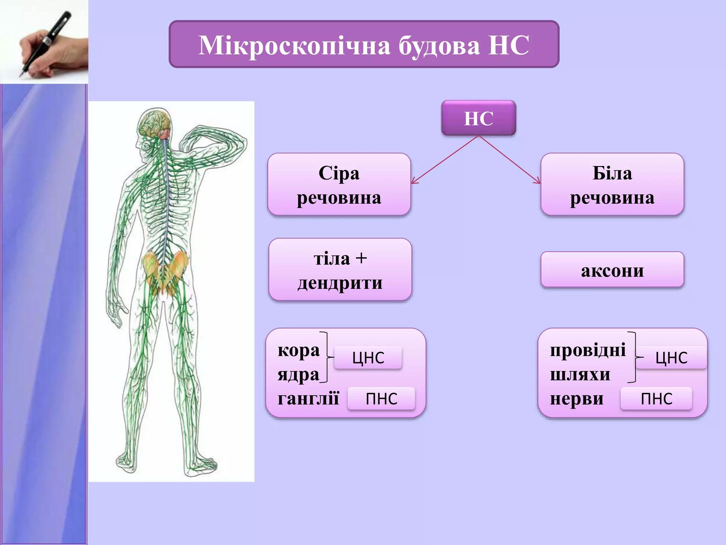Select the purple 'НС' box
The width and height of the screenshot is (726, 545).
click(x=479, y=118)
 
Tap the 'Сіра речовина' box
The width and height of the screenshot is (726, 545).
click(x=339, y=185)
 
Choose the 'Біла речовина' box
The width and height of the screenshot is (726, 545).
click(x=612, y=185)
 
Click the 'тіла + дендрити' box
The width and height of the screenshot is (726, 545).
click(x=340, y=270)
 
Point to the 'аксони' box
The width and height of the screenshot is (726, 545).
click(x=612, y=270)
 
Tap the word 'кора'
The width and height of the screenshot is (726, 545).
click(x=298, y=351)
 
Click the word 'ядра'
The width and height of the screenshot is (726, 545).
click(x=298, y=375)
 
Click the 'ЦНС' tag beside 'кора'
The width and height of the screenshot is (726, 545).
click(x=368, y=358)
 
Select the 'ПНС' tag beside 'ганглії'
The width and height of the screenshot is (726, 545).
click(x=381, y=399)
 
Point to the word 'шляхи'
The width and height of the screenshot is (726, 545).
click(x=580, y=375)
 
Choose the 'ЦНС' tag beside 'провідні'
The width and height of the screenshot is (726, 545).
click(x=671, y=358)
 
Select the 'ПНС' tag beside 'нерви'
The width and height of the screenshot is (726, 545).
click(x=656, y=399)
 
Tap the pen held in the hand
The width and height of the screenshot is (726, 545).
click(x=46, y=43)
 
